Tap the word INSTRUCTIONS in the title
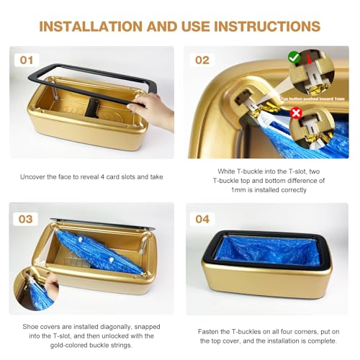[263, 27]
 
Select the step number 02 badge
[203, 60]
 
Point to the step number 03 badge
[27, 217]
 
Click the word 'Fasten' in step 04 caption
[209, 331]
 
